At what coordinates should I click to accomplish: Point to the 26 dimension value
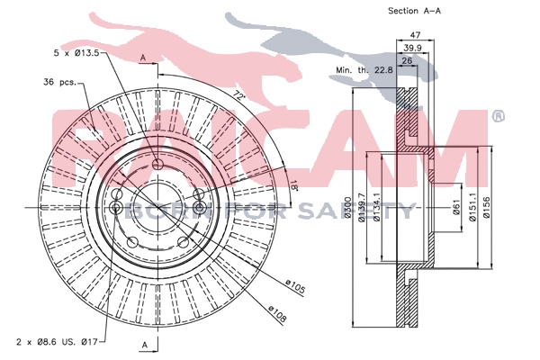point(409,60)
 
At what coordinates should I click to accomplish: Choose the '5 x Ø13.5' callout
point(77,54)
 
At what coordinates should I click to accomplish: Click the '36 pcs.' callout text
point(61,84)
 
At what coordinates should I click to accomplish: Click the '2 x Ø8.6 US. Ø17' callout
point(56,343)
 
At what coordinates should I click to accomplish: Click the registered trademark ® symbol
point(498,118)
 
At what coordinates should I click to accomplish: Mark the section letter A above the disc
point(143,58)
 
